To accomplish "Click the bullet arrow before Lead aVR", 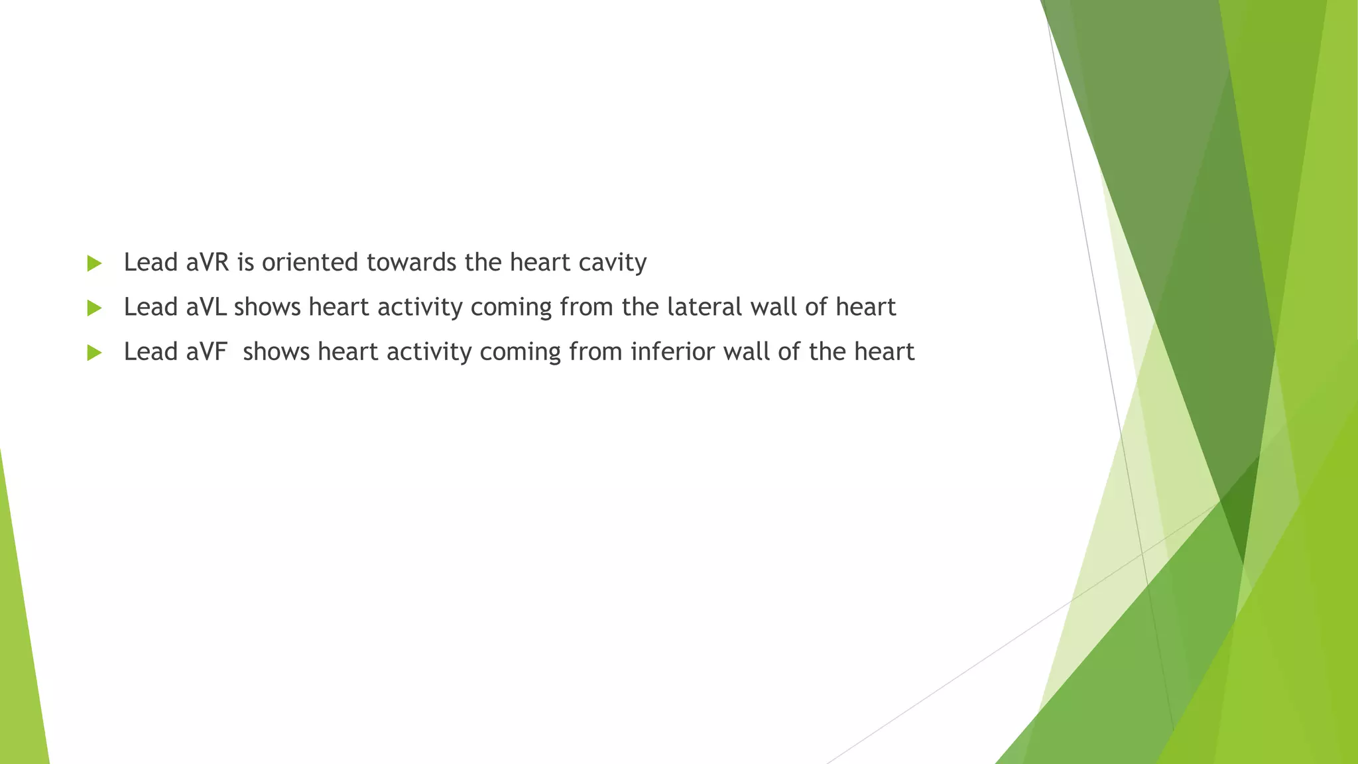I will [x=94, y=263].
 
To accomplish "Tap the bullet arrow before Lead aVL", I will [x=94, y=308].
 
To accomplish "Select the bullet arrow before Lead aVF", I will [x=94, y=352].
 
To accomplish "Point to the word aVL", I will [x=206, y=307].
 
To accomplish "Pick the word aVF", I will [x=206, y=351].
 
